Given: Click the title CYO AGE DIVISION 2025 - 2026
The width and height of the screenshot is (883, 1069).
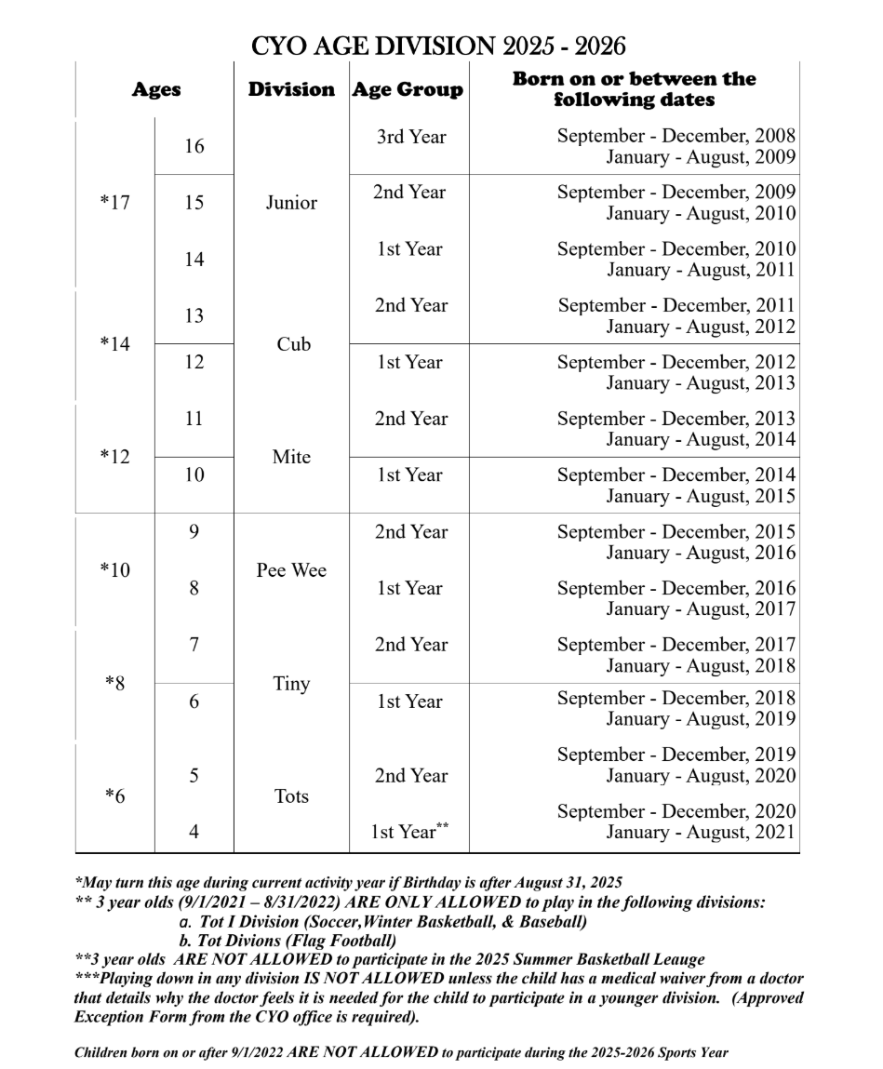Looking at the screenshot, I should pos(439,46).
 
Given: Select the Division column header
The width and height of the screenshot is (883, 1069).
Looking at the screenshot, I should pos(291,90).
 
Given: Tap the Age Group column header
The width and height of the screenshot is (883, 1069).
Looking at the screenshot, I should pos(408,90).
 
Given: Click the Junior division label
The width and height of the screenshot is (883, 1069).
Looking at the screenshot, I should pos(291,203).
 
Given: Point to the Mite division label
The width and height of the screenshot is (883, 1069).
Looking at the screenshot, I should pos(291,458).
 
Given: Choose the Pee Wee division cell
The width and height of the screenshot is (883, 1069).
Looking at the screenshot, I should pos(291,570).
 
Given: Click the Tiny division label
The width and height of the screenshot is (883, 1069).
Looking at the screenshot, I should pos(291,684).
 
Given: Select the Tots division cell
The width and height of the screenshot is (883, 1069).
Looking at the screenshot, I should pos(291,796).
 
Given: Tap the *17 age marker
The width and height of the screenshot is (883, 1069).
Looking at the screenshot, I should pos(114,203).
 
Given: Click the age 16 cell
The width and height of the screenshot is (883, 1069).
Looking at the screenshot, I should pos(194,147).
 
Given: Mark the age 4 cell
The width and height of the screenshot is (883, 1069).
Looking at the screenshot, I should pos(194,833).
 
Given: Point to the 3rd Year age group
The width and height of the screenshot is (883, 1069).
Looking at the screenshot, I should pos(410,137).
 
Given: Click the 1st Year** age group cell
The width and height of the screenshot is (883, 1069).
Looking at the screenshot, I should pos(410,833).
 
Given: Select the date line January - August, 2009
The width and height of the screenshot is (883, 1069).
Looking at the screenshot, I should pos(701,157).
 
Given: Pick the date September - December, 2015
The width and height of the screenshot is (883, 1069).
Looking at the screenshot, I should pos(676,532).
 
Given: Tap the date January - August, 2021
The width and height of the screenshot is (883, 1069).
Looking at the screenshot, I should pos(701,833).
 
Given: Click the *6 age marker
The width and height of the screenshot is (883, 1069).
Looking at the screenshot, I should pos(114,796).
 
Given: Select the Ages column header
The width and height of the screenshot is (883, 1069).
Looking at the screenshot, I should pos(155,90).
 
